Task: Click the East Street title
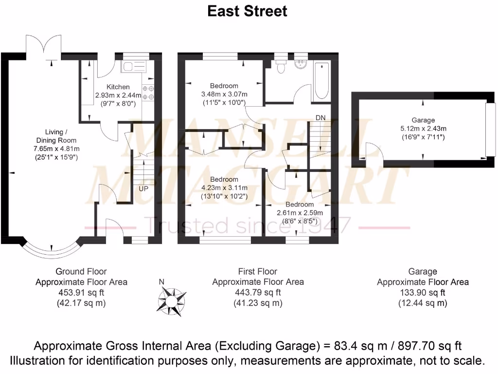click(x=247, y=11)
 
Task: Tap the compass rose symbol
click(x=172, y=299)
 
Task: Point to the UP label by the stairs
click(x=143, y=188)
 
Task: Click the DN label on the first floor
click(x=320, y=118)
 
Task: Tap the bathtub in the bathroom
click(x=322, y=80)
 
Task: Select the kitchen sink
click(x=130, y=67)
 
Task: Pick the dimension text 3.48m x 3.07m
click(x=224, y=94)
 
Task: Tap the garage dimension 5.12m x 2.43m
click(x=422, y=129)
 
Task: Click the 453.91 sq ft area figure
click(x=81, y=293)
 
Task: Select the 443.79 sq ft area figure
click(x=258, y=293)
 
